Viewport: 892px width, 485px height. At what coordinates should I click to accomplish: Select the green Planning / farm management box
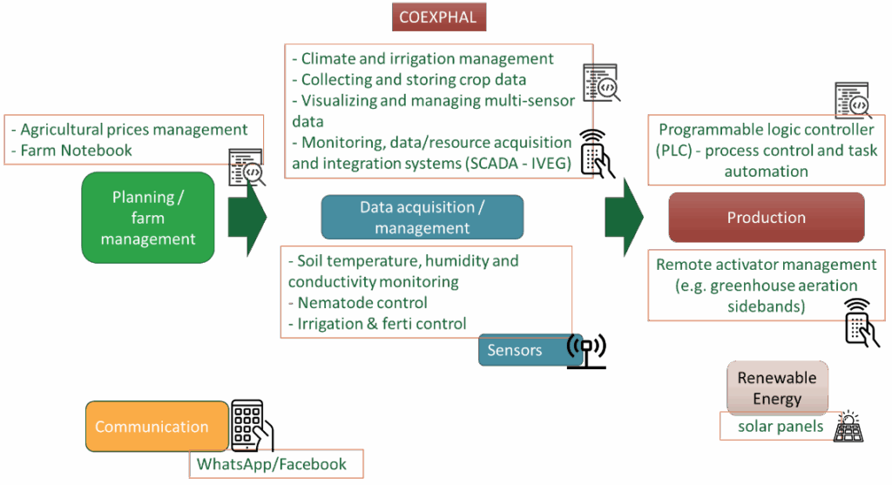(x=148, y=218)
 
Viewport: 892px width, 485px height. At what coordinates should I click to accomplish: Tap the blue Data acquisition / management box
(x=422, y=217)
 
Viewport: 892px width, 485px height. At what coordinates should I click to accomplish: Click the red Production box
(x=766, y=217)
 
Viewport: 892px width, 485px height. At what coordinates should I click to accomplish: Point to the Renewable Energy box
(x=777, y=387)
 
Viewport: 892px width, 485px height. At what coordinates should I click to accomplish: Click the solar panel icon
(x=848, y=427)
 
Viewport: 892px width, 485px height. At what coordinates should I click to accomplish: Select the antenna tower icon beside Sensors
(x=586, y=350)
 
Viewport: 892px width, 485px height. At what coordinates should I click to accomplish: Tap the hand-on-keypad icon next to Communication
(x=252, y=426)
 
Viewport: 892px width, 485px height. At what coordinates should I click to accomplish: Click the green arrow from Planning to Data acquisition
(x=246, y=217)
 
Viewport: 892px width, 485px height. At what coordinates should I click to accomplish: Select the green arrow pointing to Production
(x=624, y=217)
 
